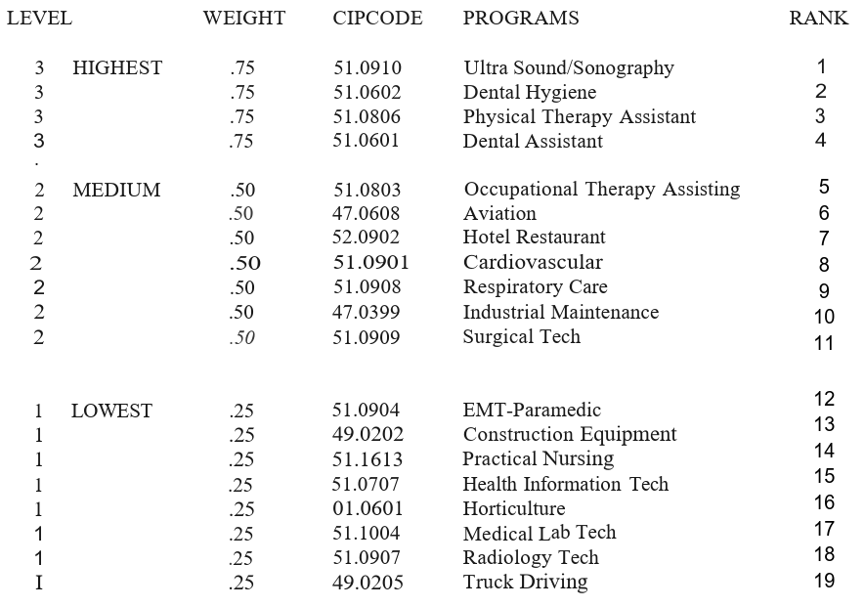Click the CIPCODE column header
(377, 19)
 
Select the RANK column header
(819, 19)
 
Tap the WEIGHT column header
(244, 19)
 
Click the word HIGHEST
(117, 68)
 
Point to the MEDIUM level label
(116, 191)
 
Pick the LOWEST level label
(111, 412)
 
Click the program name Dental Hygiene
(530, 93)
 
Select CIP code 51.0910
(368, 68)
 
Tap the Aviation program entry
(499, 214)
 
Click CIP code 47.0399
(368, 313)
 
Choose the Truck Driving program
(526, 583)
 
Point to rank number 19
(824, 581)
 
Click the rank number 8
(825, 265)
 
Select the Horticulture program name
(514, 509)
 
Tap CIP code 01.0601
(368, 509)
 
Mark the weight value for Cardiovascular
(245, 263)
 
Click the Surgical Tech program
(522, 337)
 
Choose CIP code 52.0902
(368, 238)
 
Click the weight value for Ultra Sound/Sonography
(242, 68)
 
